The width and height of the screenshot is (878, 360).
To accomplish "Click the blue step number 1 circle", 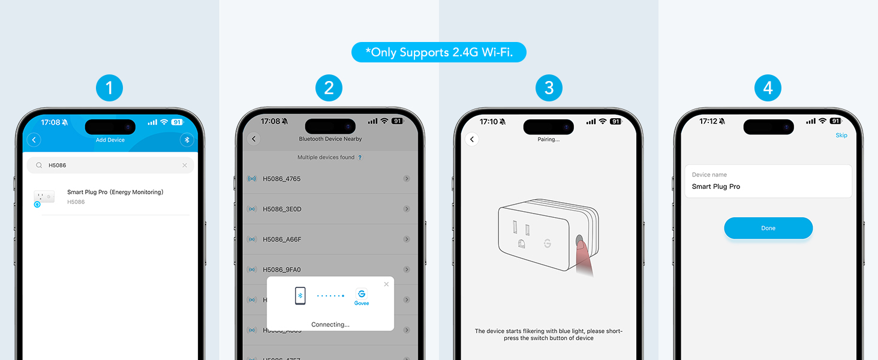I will pyautogui.click(x=109, y=89).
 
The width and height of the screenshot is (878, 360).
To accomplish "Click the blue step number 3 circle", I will pyautogui.click(x=549, y=89).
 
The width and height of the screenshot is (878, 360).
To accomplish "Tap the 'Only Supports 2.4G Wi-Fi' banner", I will pyautogui.click(x=438, y=52).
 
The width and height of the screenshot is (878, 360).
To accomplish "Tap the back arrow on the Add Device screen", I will pyautogui.click(x=34, y=140).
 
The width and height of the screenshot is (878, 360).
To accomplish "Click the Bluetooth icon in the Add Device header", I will pyautogui.click(x=187, y=140).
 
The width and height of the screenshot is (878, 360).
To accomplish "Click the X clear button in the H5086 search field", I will pyautogui.click(x=184, y=165).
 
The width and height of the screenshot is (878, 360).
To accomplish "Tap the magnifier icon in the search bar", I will pyautogui.click(x=39, y=165).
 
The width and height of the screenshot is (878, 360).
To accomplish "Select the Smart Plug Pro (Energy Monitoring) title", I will pyautogui.click(x=115, y=192).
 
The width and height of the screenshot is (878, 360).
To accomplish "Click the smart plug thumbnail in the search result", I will pyautogui.click(x=44, y=197).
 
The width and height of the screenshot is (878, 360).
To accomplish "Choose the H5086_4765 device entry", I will pyautogui.click(x=281, y=179).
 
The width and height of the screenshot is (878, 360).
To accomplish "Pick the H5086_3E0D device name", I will pyautogui.click(x=282, y=209).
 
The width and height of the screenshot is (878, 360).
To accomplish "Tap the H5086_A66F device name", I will pyautogui.click(x=282, y=239).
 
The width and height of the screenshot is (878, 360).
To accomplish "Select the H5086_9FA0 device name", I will pyautogui.click(x=282, y=269).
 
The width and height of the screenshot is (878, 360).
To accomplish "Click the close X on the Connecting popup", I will pyautogui.click(x=386, y=284).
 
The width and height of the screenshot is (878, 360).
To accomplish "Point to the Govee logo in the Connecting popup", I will pyautogui.click(x=361, y=296).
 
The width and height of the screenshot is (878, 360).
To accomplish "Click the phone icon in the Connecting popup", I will pyautogui.click(x=300, y=296).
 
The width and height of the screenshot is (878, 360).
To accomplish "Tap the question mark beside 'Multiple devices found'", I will pyautogui.click(x=360, y=158).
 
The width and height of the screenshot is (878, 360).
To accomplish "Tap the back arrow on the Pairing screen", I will pyautogui.click(x=472, y=139).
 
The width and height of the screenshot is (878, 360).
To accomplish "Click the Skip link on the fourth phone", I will pyautogui.click(x=841, y=135).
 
